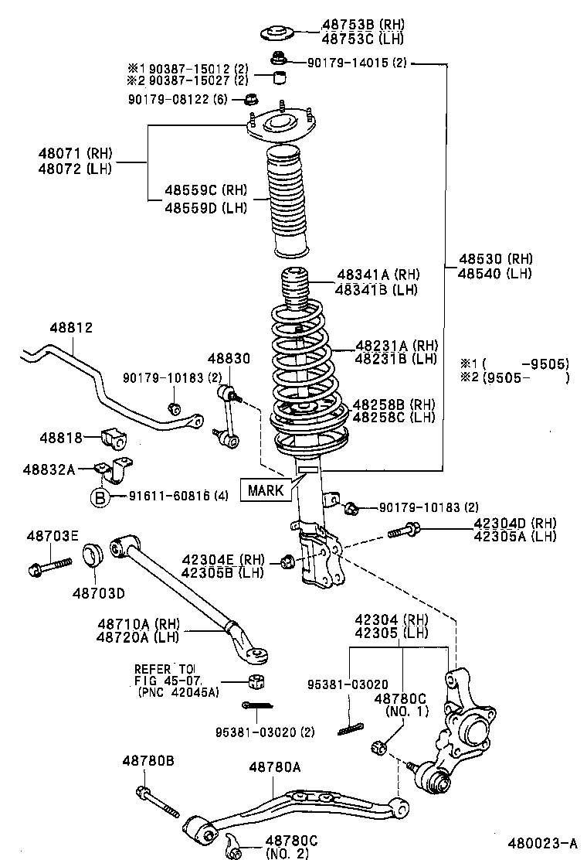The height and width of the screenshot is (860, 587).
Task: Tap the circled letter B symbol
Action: (100, 497)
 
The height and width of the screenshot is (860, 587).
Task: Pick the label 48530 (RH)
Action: (495, 258)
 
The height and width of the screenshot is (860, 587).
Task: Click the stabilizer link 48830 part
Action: (227, 418)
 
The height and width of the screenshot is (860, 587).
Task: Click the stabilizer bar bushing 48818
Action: (114, 439)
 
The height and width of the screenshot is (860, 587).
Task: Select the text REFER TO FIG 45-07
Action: (165, 674)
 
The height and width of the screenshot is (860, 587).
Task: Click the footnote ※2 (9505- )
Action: (514, 377)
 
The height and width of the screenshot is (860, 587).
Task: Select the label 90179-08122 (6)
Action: (177, 99)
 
